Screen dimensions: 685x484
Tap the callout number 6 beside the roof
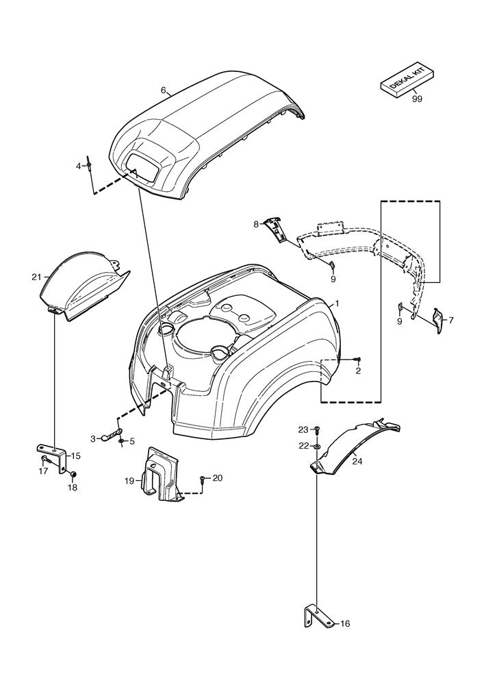(164, 90)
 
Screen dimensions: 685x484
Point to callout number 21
(36, 277)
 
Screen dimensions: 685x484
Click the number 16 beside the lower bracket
(345, 624)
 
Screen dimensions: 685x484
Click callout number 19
(129, 481)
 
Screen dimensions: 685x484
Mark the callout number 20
(218, 478)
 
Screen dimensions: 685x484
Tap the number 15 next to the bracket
(76, 456)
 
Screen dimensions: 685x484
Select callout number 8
(256, 223)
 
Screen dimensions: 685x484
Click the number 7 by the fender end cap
(450, 319)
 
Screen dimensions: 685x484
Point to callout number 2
(357, 371)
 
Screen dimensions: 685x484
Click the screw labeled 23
(317, 429)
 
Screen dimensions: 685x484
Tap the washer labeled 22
(318, 446)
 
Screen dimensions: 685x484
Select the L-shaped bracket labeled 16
(312, 616)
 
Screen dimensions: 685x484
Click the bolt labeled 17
(45, 458)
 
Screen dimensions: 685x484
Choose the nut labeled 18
(73, 474)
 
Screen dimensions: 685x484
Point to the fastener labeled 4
(90, 166)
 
